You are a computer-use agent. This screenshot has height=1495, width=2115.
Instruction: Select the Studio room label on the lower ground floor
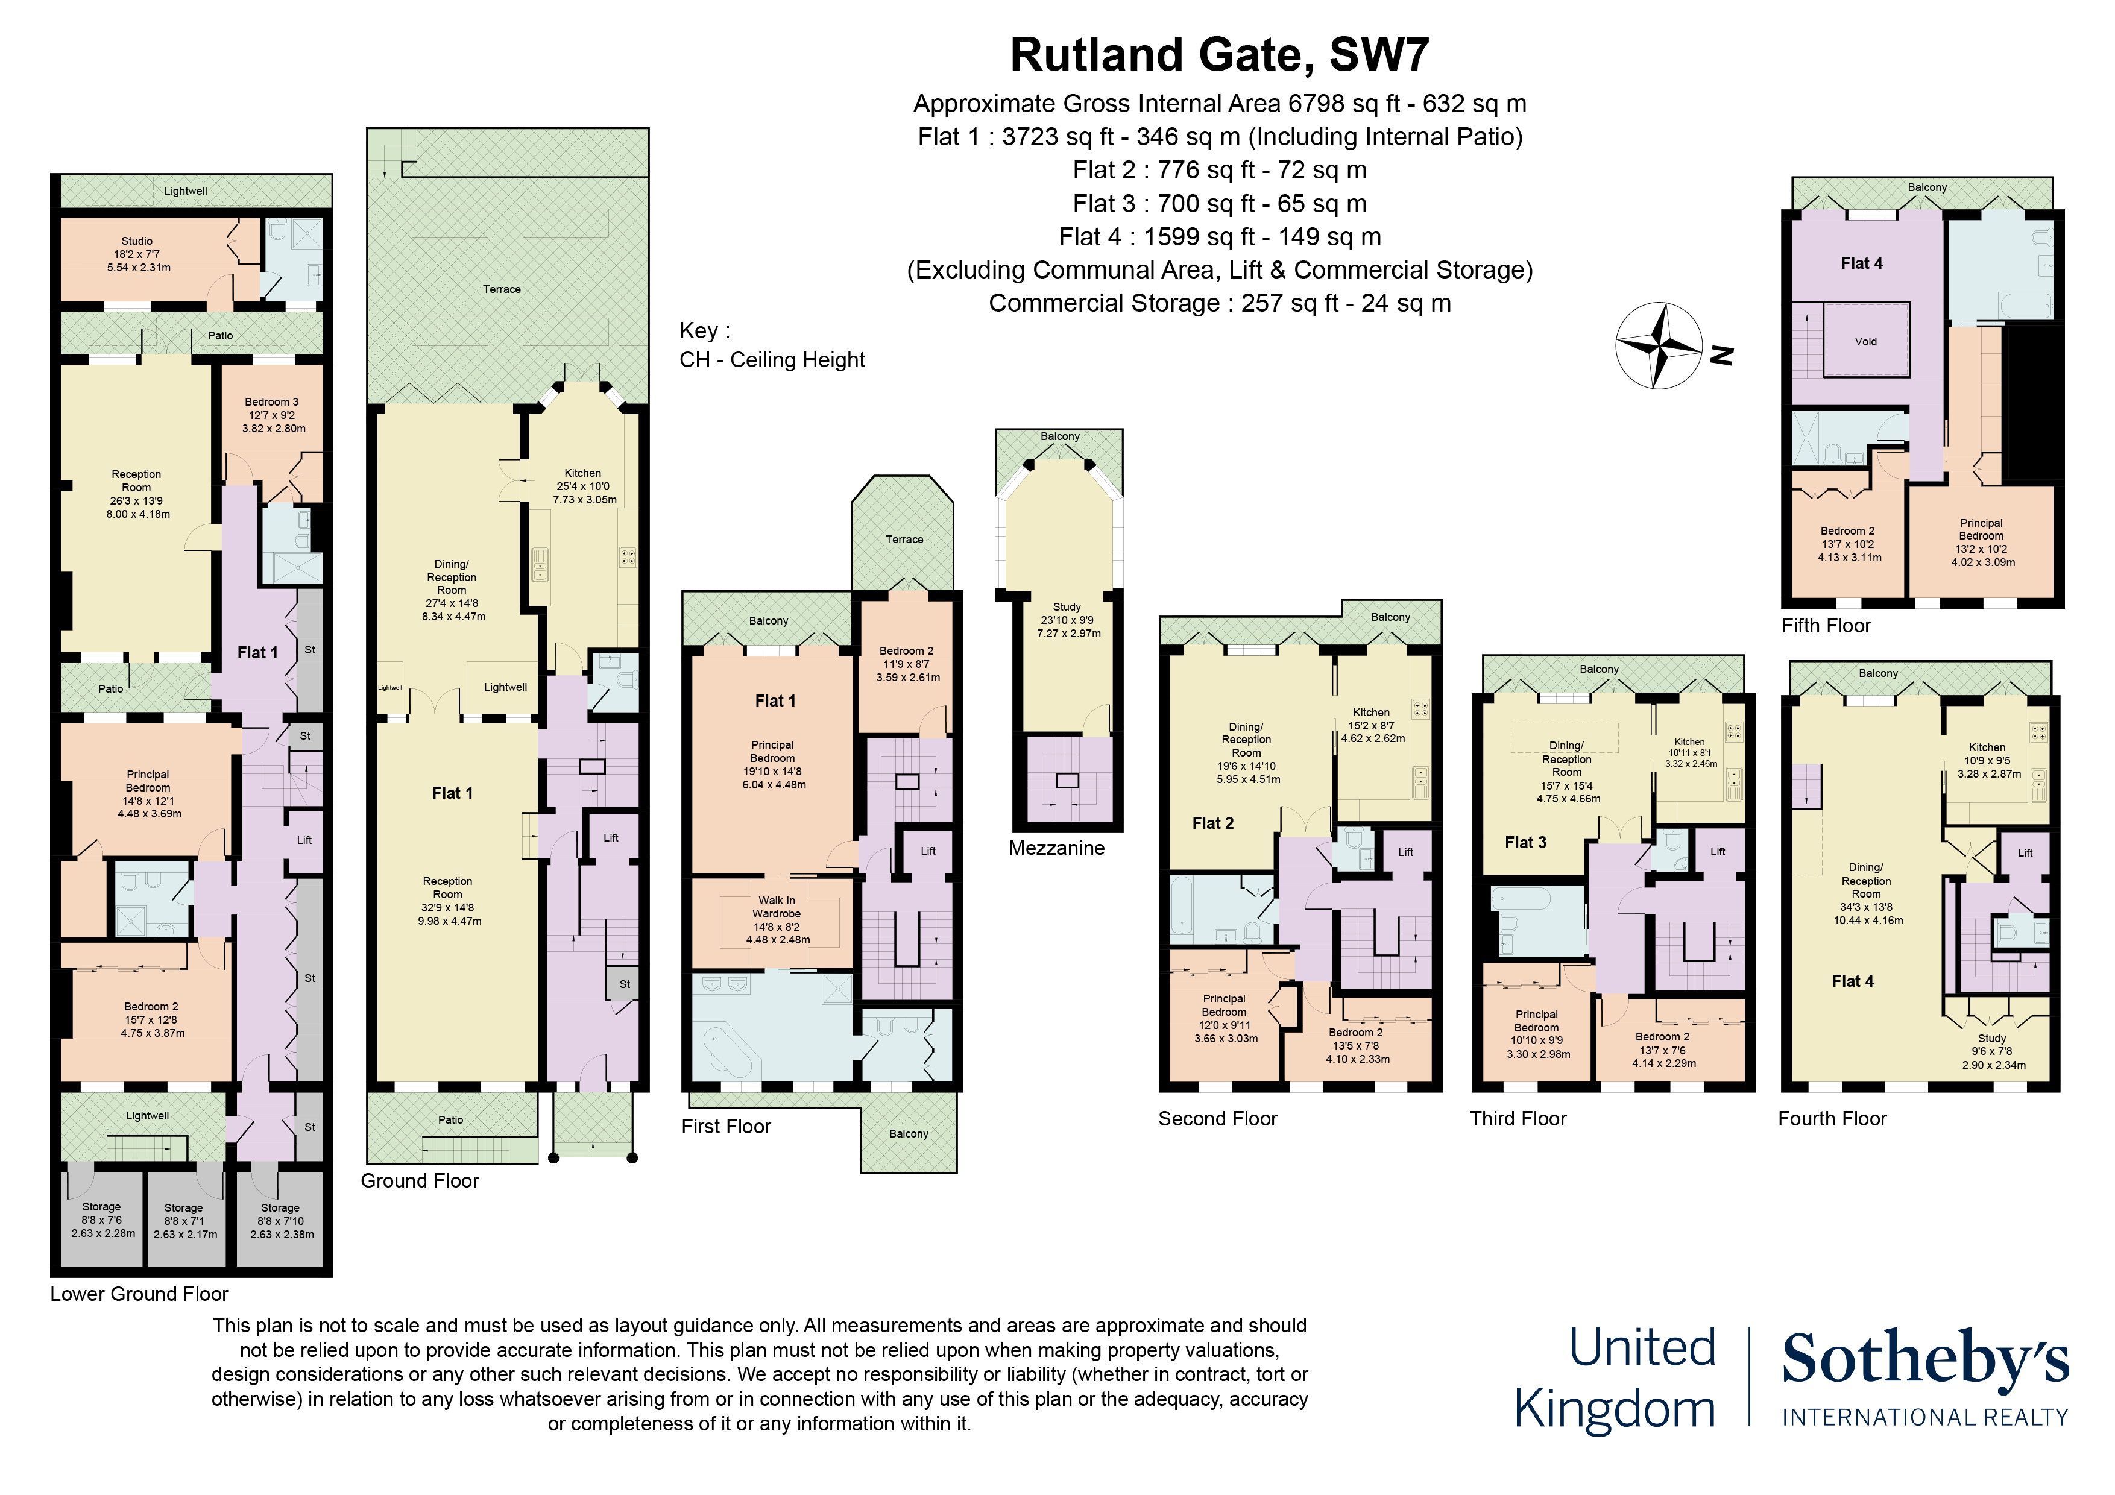click(137, 241)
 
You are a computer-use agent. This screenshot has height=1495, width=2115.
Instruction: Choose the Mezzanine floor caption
click(1056, 848)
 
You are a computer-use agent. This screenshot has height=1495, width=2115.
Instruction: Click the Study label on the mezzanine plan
click(1067, 607)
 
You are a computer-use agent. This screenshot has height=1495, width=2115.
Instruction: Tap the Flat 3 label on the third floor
click(1525, 843)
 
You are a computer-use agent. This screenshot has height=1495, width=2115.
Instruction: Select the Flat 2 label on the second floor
click(1212, 823)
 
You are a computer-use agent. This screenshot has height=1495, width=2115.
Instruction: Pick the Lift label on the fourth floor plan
click(2025, 853)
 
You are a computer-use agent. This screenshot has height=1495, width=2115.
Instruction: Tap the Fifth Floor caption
click(1826, 626)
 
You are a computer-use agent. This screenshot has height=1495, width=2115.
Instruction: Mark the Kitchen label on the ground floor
click(582, 473)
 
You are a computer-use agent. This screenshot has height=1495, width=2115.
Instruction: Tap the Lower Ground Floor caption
click(139, 1294)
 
